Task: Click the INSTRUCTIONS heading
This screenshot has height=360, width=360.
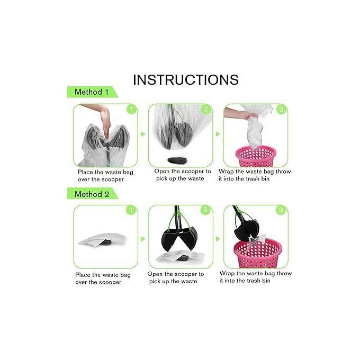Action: point(186,79)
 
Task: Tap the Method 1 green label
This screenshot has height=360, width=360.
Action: point(92,92)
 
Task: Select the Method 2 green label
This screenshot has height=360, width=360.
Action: point(92,194)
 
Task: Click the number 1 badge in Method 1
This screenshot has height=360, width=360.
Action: point(131,110)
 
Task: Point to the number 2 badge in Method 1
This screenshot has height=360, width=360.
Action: point(206,110)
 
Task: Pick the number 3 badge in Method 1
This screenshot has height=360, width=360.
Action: point(281,110)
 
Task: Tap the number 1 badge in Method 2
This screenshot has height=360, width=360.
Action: point(131,210)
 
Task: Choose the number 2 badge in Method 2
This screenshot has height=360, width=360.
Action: point(205,210)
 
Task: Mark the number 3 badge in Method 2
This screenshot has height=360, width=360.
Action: point(281,210)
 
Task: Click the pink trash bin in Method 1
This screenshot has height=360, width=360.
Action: point(256,156)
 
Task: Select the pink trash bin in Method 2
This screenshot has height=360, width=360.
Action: point(258,253)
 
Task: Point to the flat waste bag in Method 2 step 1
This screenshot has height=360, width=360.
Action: point(102,239)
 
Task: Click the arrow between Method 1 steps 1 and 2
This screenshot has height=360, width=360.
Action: point(143,134)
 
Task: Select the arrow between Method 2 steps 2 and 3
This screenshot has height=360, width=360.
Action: point(218,239)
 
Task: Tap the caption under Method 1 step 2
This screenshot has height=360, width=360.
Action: point(182,175)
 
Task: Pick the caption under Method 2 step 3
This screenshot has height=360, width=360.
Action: point(256,277)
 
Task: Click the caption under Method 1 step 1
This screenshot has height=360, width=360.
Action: point(105,176)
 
